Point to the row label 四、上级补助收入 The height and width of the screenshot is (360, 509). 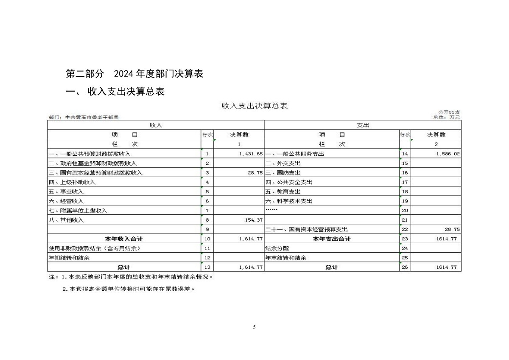72,182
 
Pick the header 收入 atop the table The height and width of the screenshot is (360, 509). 156,125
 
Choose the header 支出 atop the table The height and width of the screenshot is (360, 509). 363,125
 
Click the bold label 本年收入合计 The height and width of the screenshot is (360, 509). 124,239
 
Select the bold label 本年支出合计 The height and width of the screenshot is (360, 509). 332,239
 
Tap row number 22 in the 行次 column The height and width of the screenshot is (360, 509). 405,229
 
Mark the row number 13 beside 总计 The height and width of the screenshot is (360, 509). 207,267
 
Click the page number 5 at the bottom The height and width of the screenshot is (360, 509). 254,327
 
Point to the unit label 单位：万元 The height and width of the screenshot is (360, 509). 446,117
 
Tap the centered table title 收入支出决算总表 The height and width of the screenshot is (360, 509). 255,106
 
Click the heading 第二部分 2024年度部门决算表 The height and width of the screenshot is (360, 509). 135,73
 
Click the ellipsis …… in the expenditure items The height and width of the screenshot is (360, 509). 271,211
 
